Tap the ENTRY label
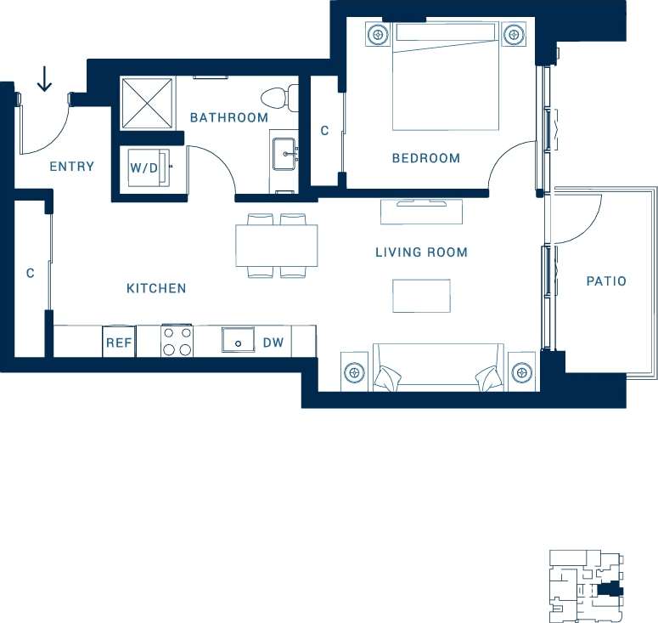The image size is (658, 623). [71, 167]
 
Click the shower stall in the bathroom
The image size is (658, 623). [146, 103]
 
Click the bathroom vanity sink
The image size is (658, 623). [284, 154]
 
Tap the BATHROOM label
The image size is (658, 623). [228, 118]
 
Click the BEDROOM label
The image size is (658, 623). [425, 158]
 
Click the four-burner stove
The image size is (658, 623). [177, 342]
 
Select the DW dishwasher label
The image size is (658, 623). [273, 343]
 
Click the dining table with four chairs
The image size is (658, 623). [276, 246]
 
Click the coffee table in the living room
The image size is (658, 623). [421, 295]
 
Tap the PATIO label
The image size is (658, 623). [606, 280]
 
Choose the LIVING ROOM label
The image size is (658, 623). [421, 252]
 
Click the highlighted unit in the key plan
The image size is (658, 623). [610, 589]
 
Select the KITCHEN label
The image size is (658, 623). [156, 289]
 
